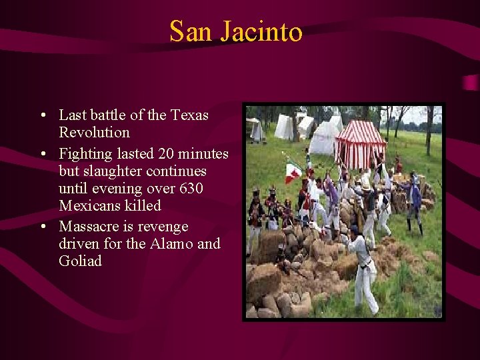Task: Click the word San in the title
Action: point(187,31)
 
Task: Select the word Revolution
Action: point(94,132)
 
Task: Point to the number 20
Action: point(167,154)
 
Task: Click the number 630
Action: point(191,189)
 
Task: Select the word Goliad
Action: point(80,261)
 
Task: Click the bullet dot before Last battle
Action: point(43,115)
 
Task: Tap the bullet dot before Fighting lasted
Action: point(43,154)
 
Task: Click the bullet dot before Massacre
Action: point(43,227)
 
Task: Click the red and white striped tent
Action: point(360,143)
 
